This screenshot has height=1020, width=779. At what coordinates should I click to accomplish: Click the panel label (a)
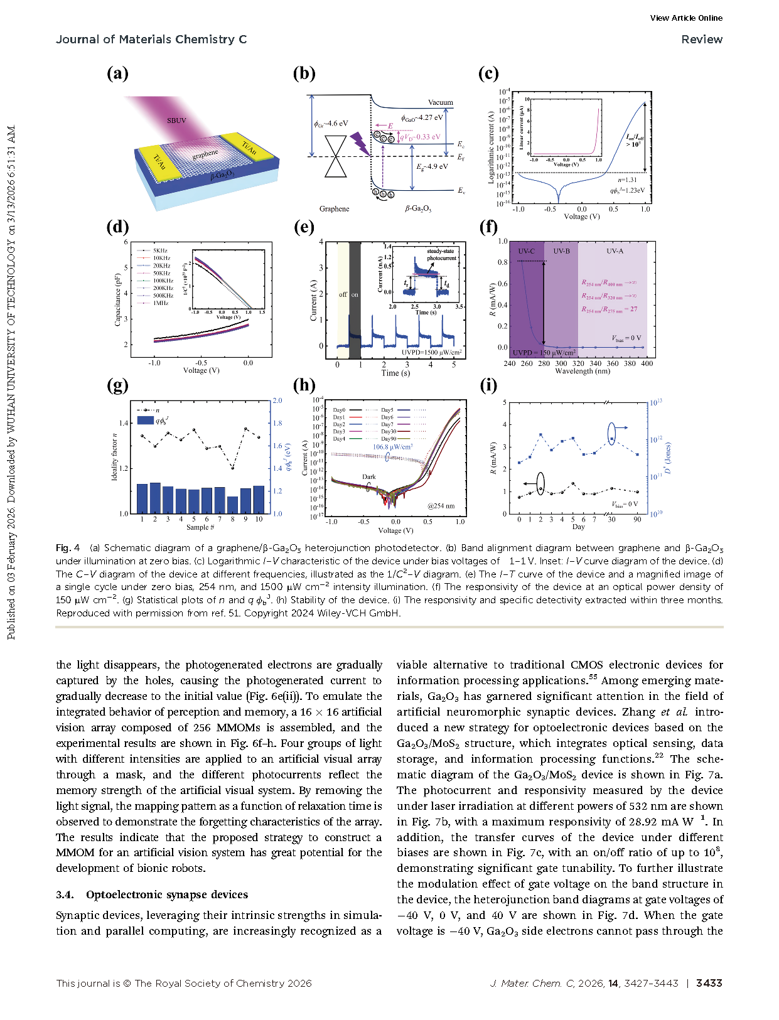(x=117, y=74)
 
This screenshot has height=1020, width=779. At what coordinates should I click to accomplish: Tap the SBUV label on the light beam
(x=176, y=121)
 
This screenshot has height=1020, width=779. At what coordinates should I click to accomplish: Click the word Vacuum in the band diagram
(x=440, y=102)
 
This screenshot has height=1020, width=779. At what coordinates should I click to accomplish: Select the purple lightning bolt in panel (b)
(x=360, y=143)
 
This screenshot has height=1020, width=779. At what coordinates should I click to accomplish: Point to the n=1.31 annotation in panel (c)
(x=626, y=180)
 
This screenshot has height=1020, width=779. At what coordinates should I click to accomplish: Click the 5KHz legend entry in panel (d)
(x=160, y=250)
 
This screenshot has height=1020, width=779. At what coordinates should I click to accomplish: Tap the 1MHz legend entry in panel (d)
(x=160, y=303)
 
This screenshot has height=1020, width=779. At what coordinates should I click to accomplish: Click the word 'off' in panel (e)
(x=343, y=294)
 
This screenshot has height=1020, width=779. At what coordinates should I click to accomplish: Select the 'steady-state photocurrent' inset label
(x=441, y=255)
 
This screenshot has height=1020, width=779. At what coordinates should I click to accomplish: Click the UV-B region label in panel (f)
(x=561, y=251)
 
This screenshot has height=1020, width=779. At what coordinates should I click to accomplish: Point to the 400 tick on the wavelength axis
(x=647, y=363)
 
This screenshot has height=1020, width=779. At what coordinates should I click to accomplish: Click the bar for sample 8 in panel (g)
(x=232, y=505)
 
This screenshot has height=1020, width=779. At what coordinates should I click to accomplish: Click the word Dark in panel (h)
(x=369, y=477)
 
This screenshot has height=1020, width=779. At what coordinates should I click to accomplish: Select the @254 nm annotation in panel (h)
(x=441, y=506)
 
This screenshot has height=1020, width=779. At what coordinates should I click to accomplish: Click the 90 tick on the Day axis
(x=637, y=519)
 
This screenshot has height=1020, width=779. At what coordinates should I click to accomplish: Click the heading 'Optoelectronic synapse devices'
(x=167, y=894)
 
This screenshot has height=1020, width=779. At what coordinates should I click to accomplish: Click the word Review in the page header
(x=702, y=40)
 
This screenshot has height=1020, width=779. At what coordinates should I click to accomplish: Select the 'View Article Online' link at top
(x=686, y=18)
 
